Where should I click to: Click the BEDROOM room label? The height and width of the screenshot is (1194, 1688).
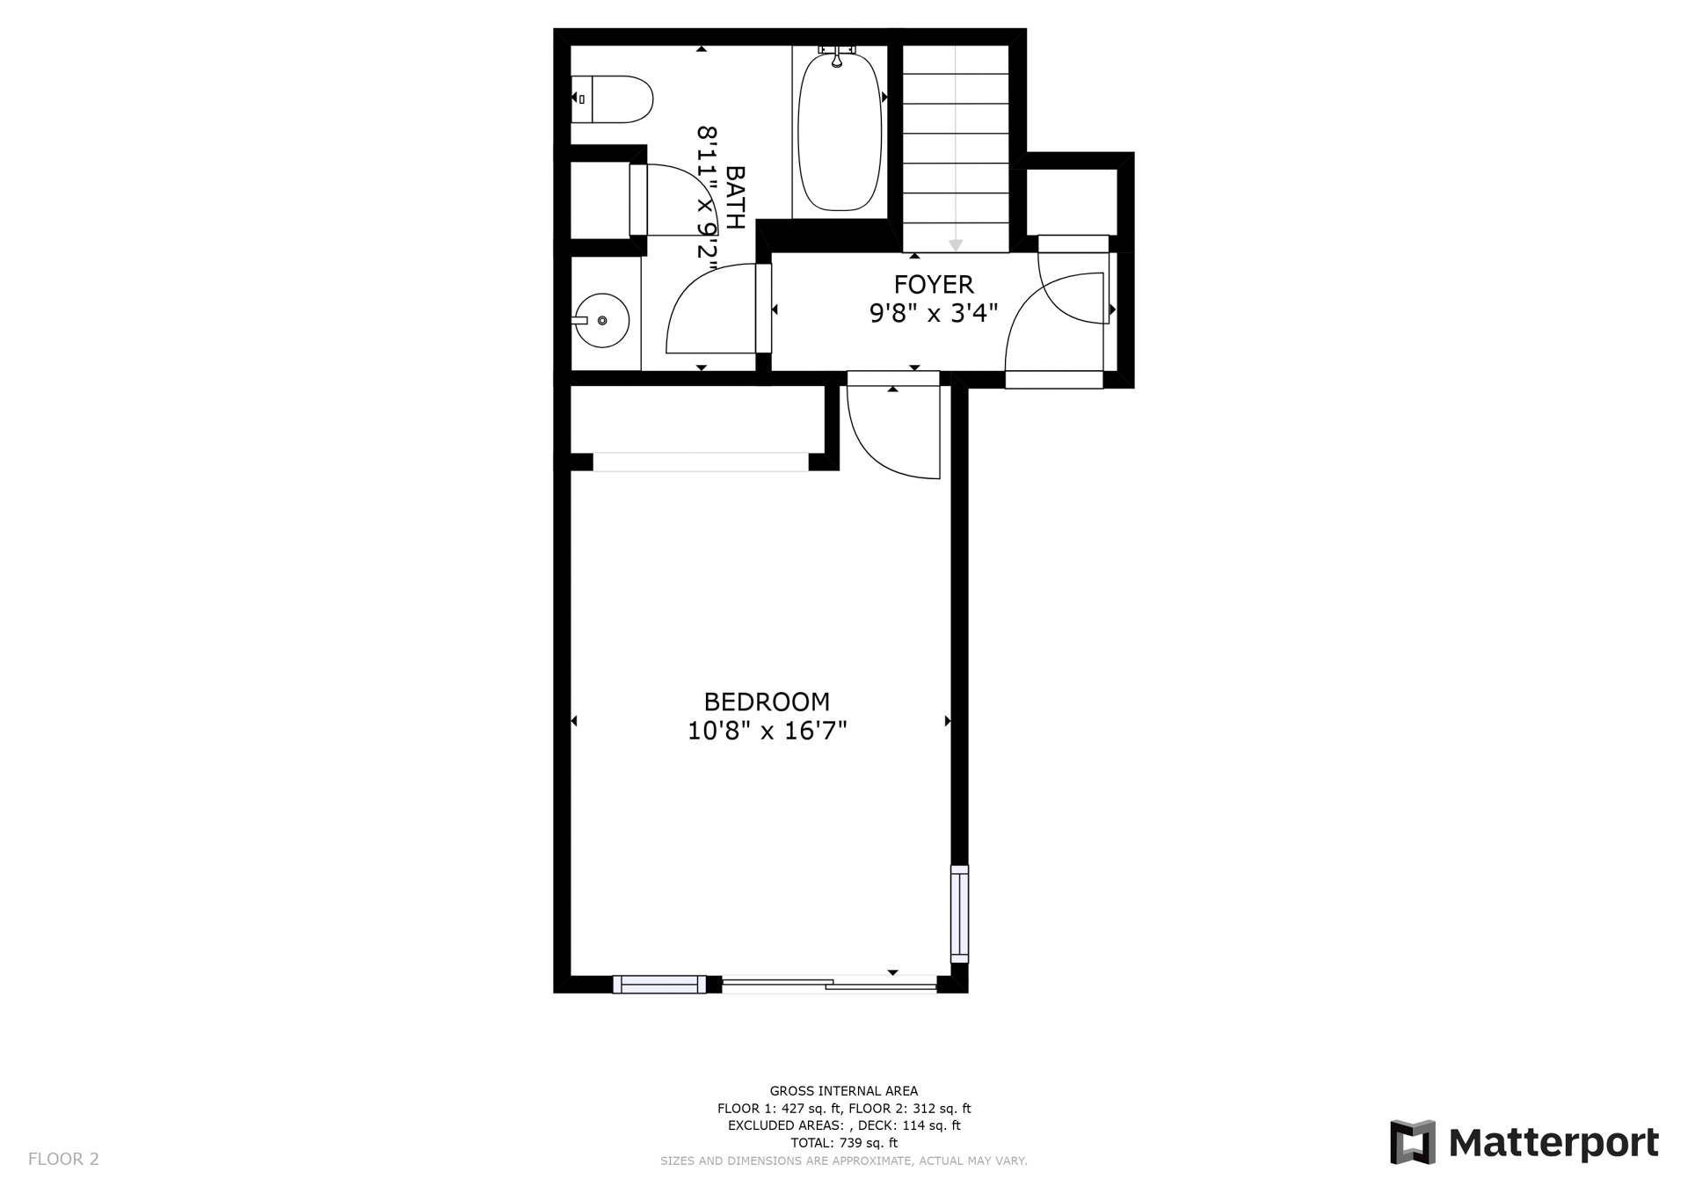[767, 702]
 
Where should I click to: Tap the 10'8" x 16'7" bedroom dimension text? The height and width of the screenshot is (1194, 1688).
[767, 731]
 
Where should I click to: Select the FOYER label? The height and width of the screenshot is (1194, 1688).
[934, 285]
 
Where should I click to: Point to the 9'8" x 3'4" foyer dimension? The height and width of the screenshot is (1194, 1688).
[934, 313]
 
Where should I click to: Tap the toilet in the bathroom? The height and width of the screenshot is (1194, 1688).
[612, 99]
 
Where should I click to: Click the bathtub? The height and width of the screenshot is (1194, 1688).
[840, 132]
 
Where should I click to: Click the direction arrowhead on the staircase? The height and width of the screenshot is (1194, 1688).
[956, 245]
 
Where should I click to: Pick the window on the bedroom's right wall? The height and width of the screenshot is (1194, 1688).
[959, 914]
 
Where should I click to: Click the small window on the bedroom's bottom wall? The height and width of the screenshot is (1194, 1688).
[659, 985]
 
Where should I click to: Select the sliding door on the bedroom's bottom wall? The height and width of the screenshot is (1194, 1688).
[829, 985]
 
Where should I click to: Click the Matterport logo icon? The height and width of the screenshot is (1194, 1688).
[1413, 1142]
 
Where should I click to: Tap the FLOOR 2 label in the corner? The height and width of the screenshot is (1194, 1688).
[63, 1159]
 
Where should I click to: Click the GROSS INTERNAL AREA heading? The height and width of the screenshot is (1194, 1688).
[844, 1091]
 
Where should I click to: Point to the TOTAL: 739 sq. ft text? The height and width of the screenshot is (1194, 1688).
[844, 1143]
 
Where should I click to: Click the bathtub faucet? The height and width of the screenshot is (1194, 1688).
[837, 55]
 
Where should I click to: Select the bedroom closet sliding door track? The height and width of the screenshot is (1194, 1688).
[701, 462]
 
